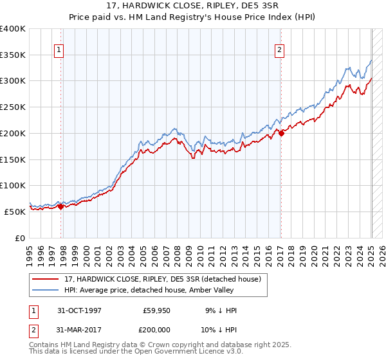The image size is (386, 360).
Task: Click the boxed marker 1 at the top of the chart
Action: [59, 50]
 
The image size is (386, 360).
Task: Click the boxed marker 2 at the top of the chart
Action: [280, 50]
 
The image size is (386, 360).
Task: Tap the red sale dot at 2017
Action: [281, 132]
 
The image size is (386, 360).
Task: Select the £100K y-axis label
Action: [13, 186]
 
